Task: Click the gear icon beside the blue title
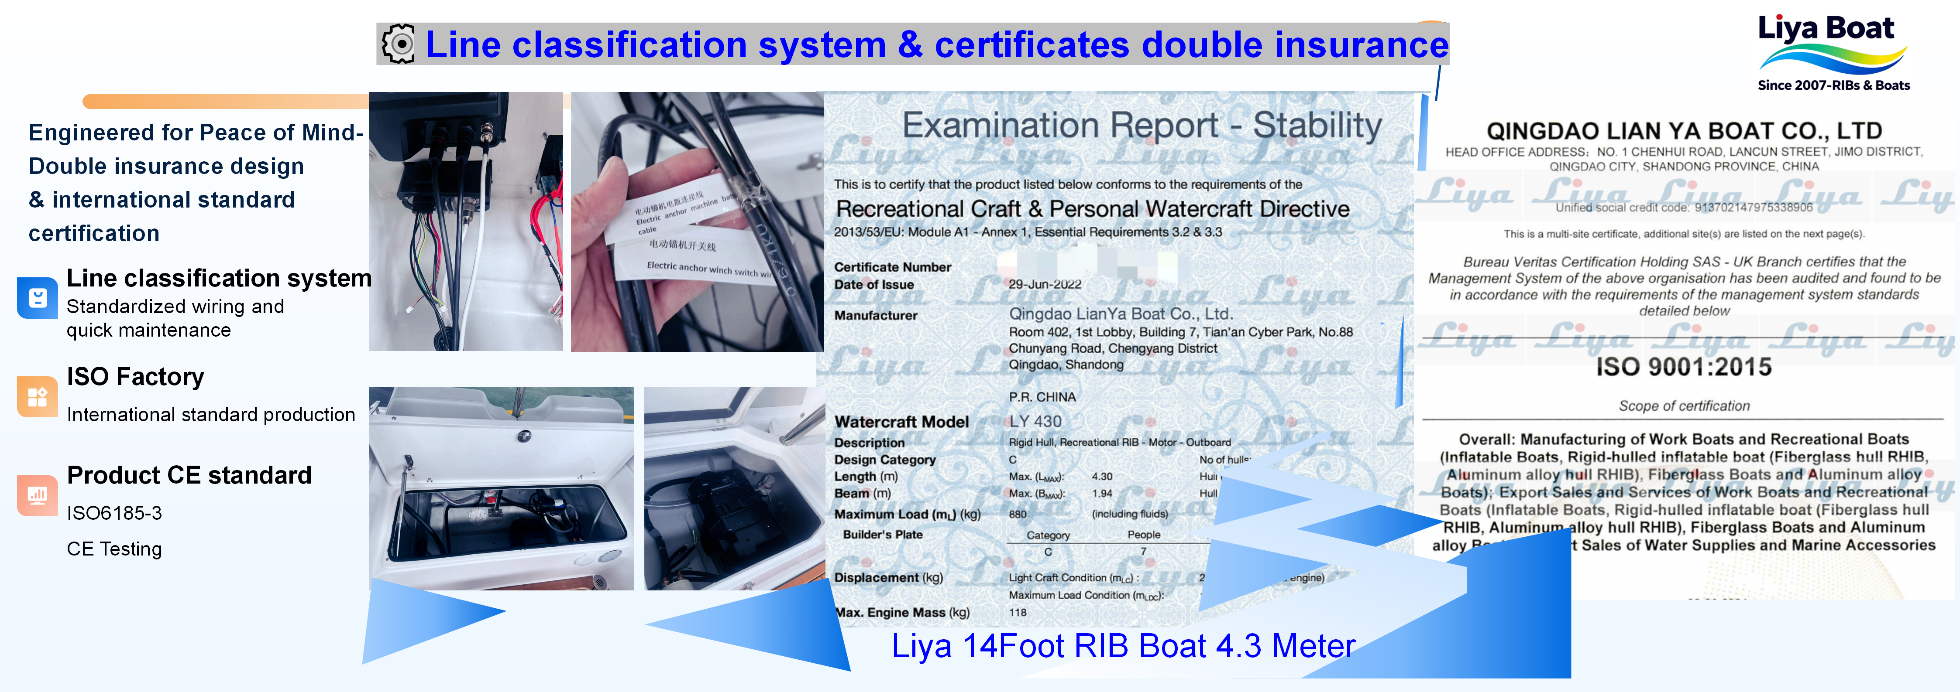[x=399, y=44]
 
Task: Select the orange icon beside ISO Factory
[x=37, y=397]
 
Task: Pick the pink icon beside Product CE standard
[x=37, y=495]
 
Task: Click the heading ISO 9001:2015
[x=1683, y=367]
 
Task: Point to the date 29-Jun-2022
[x=1045, y=284]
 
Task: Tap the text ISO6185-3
[x=114, y=513]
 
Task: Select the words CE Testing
[x=114, y=549]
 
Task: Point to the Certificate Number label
[x=893, y=267]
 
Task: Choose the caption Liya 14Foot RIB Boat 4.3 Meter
[x=1123, y=646]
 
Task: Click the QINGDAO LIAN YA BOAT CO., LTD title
[x=1684, y=131]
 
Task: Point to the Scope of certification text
[x=1684, y=406]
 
